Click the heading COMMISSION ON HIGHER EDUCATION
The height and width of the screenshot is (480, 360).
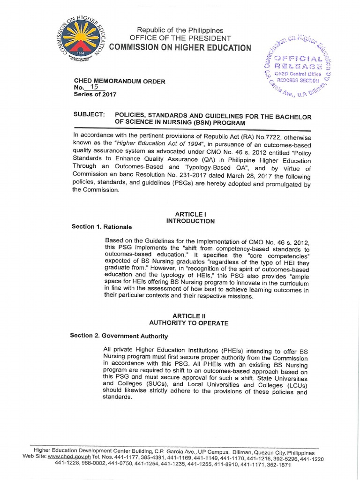pos(180,48)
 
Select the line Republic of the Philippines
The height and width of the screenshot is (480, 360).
pos(180,30)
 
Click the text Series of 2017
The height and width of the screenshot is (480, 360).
pos(94,94)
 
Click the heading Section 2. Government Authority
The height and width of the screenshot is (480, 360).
pos(119,336)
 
